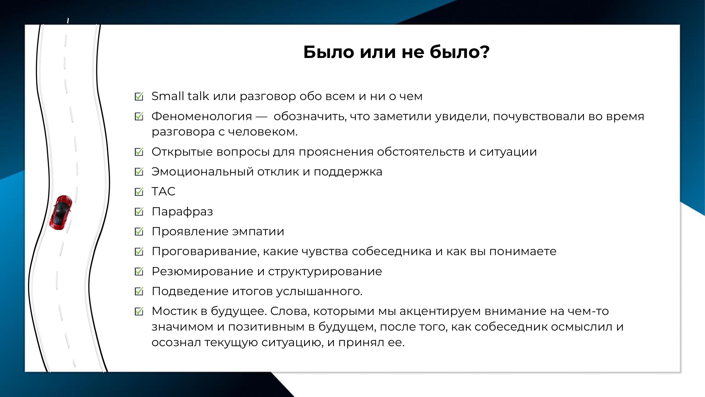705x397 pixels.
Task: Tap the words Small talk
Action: click(x=180, y=96)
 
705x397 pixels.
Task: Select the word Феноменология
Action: click(x=202, y=116)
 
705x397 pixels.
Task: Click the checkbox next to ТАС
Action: click(x=139, y=192)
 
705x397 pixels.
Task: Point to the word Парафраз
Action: click(x=182, y=212)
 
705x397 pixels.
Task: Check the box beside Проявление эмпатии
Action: click(x=139, y=232)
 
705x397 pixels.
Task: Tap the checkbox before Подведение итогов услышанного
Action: click(x=139, y=291)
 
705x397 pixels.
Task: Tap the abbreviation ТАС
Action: click(x=163, y=191)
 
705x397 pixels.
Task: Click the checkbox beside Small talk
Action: click(x=139, y=96)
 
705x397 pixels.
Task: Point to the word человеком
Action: click(x=263, y=132)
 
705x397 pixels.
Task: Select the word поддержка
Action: click(x=348, y=172)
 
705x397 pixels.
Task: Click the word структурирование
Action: click(x=325, y=272)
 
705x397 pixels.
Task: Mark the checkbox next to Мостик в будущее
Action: click(x=139, y=311)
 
